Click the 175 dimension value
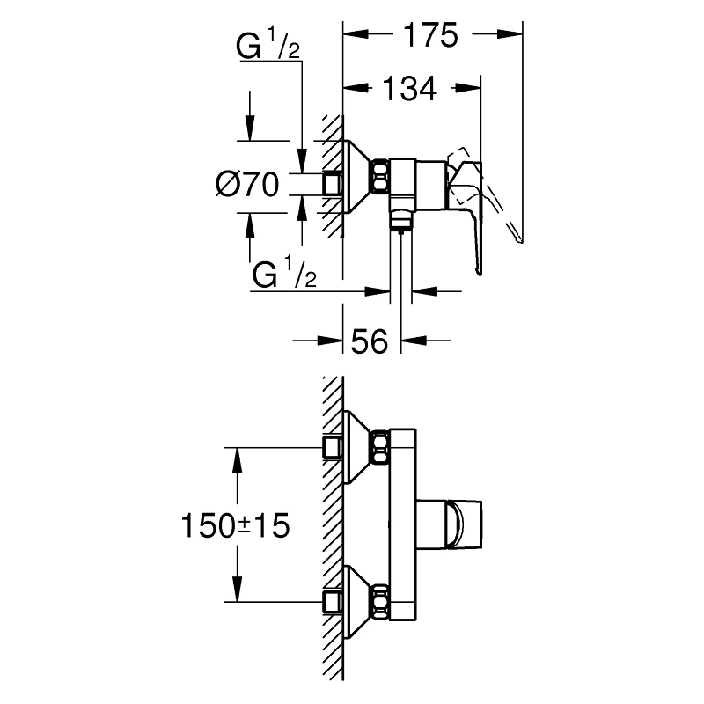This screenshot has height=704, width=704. click(x=431, y=36)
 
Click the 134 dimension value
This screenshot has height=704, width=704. click(x=408, y=89)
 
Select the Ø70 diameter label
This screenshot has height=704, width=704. click(x=247, y=185)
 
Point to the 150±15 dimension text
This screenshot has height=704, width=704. click(x=234, y=526)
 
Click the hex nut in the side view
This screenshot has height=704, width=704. click(x=380, y=177)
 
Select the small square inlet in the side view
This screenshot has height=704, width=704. click(x=333, y=183)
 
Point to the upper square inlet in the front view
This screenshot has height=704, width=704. click(x=333, y=448)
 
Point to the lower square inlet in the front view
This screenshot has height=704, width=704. click(x=333, y=602)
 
